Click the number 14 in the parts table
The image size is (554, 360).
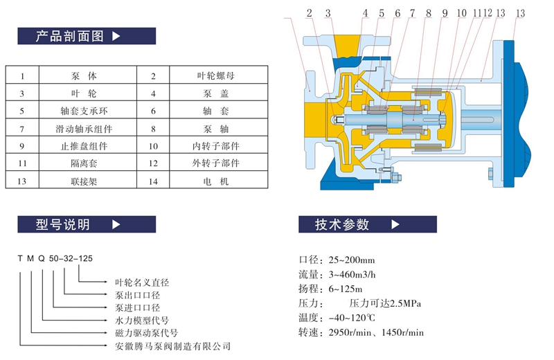click(153, 181)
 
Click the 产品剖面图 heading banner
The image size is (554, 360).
click(87, 36)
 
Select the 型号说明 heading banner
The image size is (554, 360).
click(87, 224)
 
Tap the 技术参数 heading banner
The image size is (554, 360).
click(368, 224)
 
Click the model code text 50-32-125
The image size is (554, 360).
click(71, 259)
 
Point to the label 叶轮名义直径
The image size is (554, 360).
click(142, 282)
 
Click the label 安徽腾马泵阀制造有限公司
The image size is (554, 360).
click(172, 346)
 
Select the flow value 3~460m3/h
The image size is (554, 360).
click(352, 275)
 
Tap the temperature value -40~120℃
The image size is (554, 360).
click(352, 318)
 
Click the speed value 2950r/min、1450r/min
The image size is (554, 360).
click(376, 332)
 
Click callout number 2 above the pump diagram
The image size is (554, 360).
click(309, 13)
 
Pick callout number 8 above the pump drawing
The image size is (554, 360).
click(428, 13)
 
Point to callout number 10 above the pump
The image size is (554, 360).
click(461, 13)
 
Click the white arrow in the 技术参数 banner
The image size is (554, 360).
click(395, 224)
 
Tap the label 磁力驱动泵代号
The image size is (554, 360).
click(146, 333)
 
